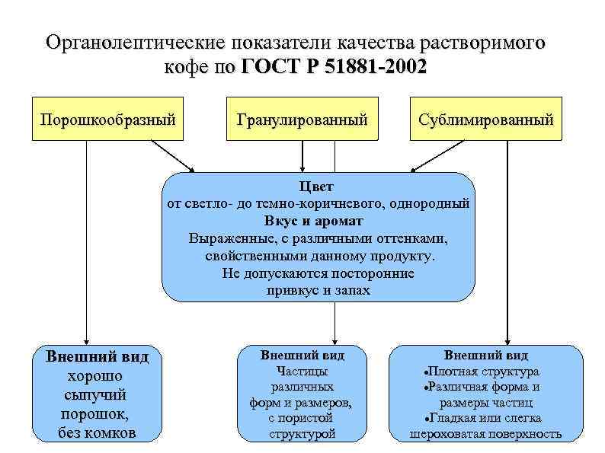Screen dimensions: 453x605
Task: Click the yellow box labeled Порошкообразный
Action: tap(107, 120)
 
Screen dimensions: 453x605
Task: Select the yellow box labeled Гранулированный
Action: tap(302, 120)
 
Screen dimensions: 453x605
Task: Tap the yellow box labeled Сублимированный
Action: tap(485, 120)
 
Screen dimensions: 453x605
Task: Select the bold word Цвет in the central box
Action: tap(317, 187)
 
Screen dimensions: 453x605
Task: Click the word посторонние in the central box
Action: tap(372, 273)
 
